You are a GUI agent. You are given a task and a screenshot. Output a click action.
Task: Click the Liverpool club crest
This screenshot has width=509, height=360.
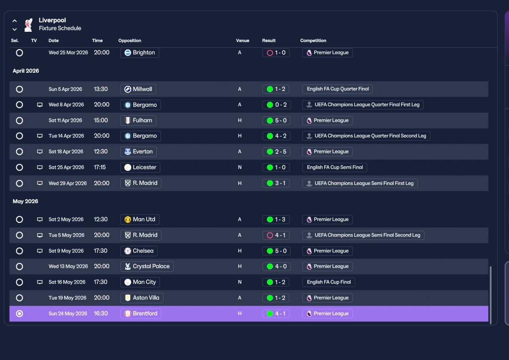(x=28, y=25)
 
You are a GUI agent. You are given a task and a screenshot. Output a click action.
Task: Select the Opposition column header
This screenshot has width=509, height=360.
(x=130, y=41)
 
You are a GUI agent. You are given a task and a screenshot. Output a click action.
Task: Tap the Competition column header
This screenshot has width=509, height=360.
(x=313, y=41)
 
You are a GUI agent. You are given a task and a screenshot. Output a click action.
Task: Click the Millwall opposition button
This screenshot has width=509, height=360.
(x=138, y=89)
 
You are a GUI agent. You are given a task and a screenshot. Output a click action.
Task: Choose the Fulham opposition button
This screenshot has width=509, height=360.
(x=138, y=120)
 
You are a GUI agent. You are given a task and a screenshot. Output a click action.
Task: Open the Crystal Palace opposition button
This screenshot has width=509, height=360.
(x=147, y=267)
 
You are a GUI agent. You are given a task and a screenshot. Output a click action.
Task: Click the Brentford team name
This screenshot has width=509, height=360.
(x=145, y=314)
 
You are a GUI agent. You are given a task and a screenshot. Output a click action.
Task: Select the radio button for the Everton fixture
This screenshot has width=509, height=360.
(x=19, y=152)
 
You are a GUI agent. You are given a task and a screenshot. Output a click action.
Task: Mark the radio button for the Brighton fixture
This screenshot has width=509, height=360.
(x=19, y=53)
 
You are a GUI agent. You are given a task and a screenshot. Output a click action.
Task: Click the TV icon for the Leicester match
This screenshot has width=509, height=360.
(x=40, y=168)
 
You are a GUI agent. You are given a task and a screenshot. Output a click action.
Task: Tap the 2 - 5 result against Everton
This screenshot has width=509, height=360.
(x=276, y=152)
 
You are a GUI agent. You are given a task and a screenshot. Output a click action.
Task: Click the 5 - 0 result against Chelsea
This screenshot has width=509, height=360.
(x=276, y=251)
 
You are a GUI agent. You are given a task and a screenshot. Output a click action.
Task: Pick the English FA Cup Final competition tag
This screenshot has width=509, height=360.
(x=328, y=282)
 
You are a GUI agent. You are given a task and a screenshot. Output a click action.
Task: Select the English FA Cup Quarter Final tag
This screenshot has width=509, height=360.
(x=338, y=89)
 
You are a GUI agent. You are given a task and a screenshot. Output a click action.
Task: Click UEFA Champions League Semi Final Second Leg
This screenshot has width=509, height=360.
(x=363, y=235)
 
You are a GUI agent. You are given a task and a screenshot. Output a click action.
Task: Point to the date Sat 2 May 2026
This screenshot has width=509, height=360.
(x=66, y=219)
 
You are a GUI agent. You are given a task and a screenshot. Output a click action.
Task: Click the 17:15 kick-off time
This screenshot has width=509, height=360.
(x=100, y=167)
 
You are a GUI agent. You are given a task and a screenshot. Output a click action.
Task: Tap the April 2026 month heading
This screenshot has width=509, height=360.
(x=26, y=71)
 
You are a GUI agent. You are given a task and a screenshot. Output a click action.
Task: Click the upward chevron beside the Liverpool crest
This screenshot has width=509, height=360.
(x=15, y=21)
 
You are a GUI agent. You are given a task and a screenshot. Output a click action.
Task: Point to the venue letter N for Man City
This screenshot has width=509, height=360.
(x=239, y=282)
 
